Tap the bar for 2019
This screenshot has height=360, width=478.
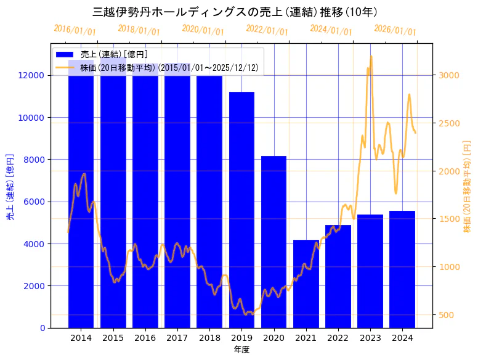(x=241, y=210)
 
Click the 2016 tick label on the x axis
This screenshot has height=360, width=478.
(x=145, y=338)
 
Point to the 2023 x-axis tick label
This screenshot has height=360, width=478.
(x=370, y=338)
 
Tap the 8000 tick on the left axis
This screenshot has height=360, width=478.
(x=34, y=160)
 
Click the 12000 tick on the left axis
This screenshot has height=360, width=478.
(x=31, y=75)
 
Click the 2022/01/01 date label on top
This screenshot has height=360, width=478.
(x=267, y=31)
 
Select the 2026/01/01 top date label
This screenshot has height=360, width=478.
(x=395, y=31)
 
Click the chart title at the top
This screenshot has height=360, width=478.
(x=235, y=12)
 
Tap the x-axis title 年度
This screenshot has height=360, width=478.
(x=241, y=350)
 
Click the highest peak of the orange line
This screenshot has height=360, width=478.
(x=371, y=56)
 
